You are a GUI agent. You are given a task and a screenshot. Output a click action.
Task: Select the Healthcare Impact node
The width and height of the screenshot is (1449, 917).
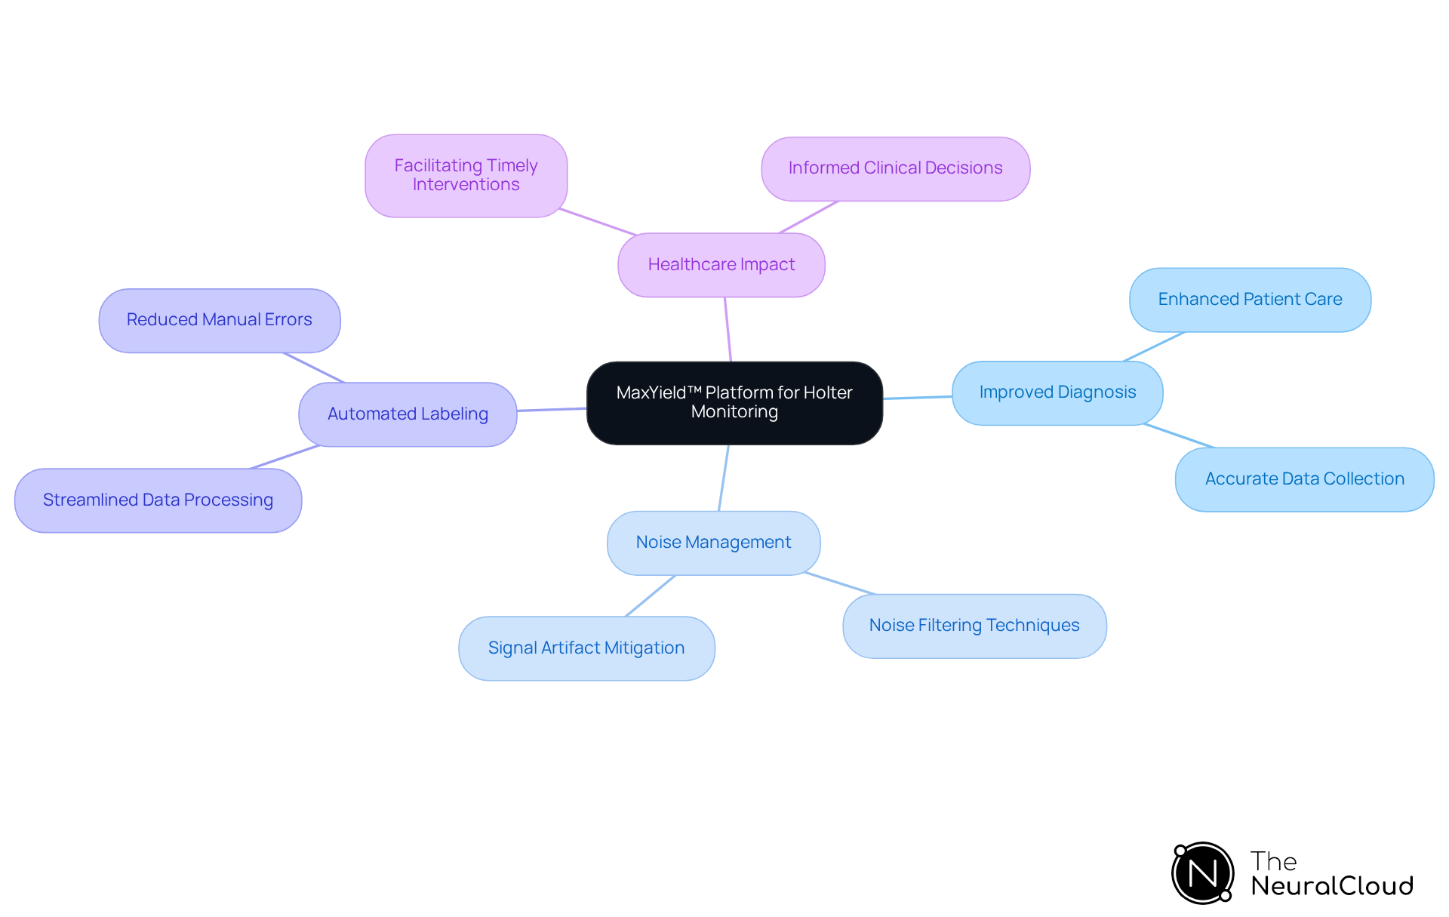721,265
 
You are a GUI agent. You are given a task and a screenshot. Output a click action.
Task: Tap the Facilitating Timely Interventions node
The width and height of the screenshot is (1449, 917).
466,176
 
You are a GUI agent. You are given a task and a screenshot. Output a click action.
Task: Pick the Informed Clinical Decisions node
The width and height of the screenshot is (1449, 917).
895,168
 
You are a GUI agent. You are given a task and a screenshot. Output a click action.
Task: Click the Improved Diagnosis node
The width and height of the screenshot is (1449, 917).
1057,392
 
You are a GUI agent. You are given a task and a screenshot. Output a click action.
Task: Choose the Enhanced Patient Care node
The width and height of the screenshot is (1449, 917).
1249,300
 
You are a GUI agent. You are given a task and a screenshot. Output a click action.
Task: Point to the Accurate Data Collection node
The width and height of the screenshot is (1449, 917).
1303,479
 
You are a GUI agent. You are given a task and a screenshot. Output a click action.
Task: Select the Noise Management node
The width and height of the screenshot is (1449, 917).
713,543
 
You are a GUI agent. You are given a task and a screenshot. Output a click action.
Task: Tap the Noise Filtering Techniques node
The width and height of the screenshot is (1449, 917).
974,626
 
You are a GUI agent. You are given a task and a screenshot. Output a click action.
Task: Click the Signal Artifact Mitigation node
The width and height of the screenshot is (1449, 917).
586,648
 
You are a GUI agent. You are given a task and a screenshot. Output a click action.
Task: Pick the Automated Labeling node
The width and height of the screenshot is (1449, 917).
408,414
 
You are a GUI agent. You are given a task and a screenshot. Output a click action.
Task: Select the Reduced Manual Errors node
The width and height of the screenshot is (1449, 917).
219,320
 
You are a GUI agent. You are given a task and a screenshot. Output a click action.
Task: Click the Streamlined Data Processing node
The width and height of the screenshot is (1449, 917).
158,500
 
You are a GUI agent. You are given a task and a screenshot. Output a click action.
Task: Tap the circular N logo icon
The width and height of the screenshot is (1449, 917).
1202,873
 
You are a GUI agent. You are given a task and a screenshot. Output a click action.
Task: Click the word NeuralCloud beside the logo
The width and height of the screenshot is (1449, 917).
1331,886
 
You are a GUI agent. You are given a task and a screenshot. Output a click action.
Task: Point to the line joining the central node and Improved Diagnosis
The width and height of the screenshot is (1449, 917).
917,397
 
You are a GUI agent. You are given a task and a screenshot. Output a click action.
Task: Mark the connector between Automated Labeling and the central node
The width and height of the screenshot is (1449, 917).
552,409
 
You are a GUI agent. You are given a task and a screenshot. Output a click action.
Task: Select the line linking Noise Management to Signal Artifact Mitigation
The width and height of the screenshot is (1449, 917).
650,595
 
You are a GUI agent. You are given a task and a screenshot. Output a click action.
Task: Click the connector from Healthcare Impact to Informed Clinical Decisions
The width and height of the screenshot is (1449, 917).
808,217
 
